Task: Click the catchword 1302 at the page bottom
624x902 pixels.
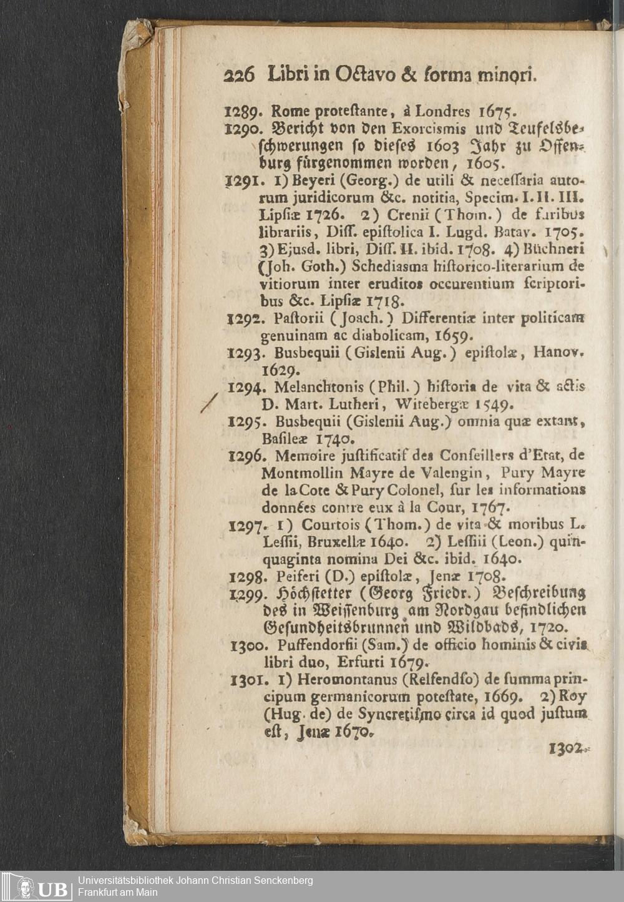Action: pos(567,749)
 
